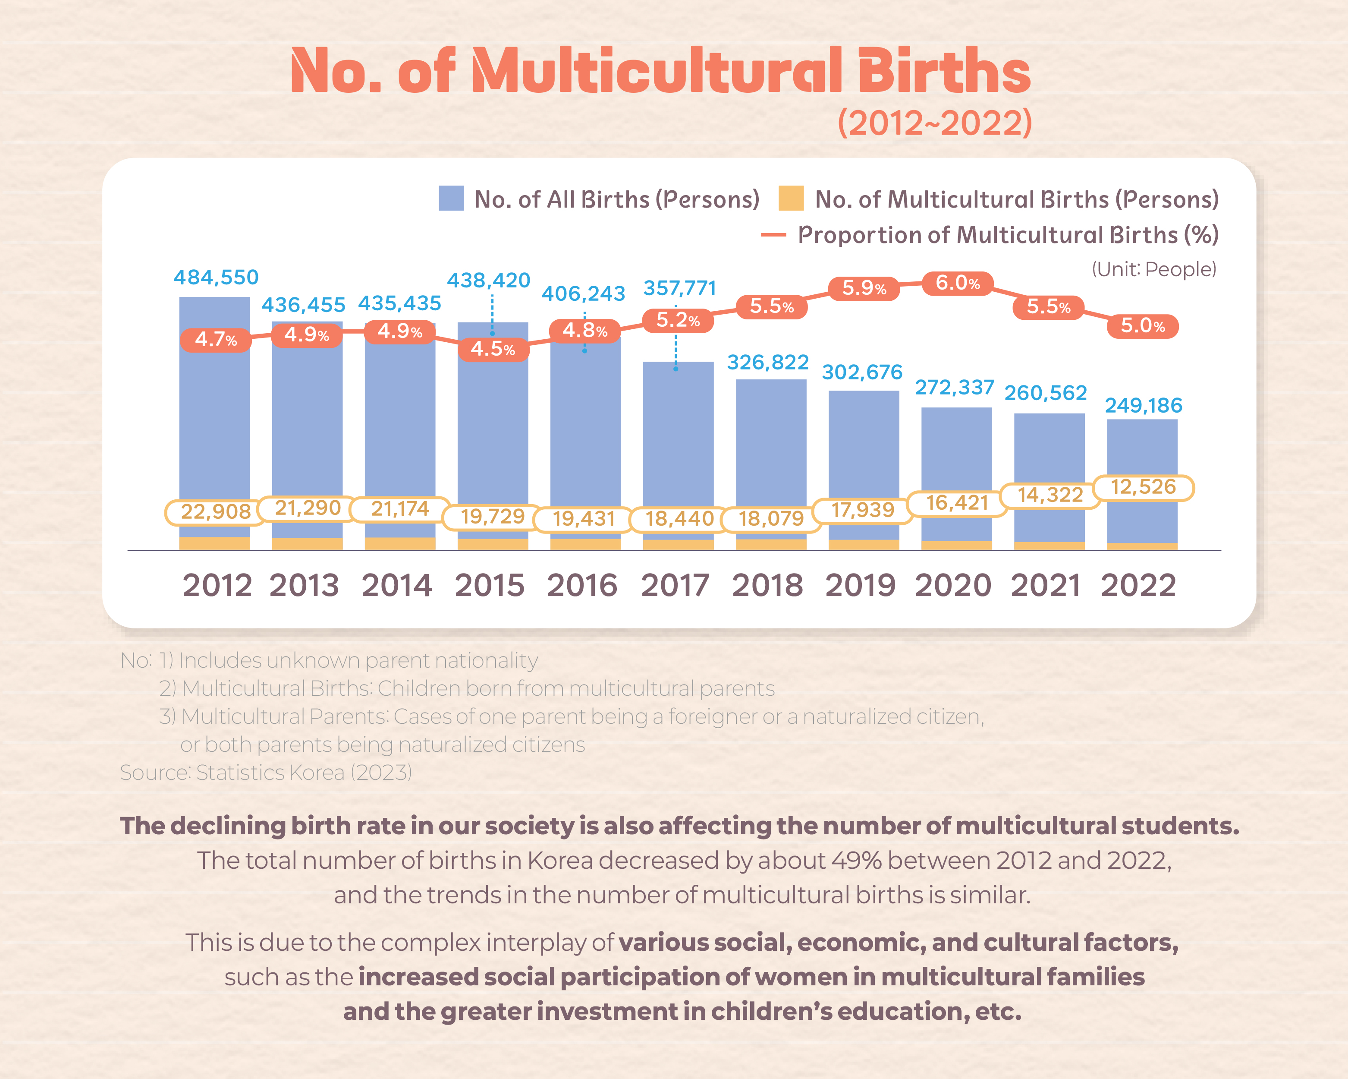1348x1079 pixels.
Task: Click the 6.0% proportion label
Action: pos(957,284)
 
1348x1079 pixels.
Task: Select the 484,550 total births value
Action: pos(216,277)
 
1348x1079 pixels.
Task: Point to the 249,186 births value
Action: pos(1144,405)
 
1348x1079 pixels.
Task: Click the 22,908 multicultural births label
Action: pos(216,512)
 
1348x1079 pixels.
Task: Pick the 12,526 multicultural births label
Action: pos(1144,487)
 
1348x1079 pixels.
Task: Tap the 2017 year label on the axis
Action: pos(675,586)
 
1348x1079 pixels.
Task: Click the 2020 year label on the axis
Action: pos(953,586)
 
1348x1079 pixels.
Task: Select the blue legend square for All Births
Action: pos(451,198)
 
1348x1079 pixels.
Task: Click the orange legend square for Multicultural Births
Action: pos(791,198)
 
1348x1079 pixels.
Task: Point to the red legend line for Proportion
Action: pos(773,235)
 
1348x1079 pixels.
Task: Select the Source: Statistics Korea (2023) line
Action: pos(266,773)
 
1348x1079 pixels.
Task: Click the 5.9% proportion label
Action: pos(864,288)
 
